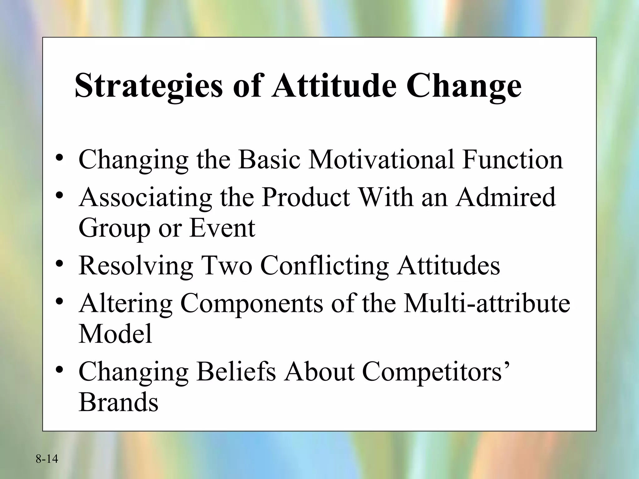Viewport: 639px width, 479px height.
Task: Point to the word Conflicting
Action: coord(324,266)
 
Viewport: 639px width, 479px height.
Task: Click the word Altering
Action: coord(125,303)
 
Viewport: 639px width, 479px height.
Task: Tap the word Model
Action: coord(115,334)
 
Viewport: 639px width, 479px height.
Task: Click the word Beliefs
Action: coord(236,372)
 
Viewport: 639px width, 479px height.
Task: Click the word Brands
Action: coord(119,402)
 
